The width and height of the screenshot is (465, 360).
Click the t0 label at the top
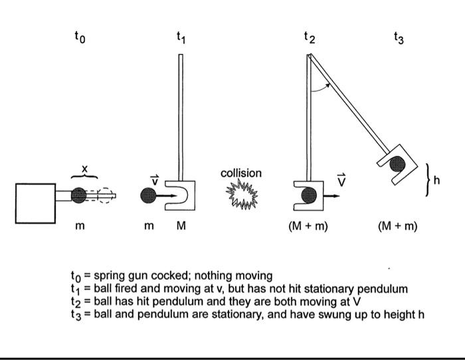[80, 38]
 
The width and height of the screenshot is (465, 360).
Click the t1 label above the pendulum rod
[181, 38]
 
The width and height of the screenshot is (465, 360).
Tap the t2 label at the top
[310, 38]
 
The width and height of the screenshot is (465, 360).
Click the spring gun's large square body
[36, 203]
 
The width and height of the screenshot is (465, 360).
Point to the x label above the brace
[84, 169]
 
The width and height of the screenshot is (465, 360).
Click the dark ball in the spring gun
[78, 195]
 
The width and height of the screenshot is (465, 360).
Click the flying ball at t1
[149, 196]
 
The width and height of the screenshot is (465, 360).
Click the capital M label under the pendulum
[181, 226]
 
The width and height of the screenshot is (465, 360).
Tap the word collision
[241, 173]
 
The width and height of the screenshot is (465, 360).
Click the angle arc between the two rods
[322, 86]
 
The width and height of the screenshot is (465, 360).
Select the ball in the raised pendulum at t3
[396, 162]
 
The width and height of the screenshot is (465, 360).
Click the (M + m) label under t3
[397, 226]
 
